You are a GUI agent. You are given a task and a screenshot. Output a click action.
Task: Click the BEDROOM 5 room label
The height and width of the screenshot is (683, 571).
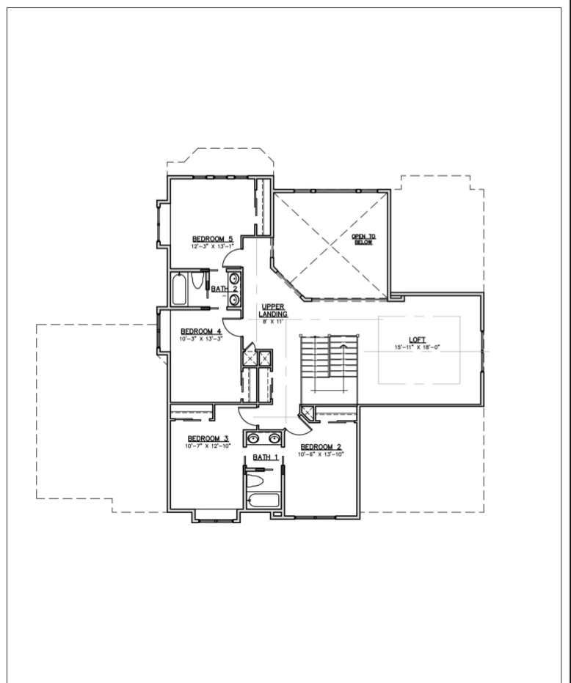(212, 239)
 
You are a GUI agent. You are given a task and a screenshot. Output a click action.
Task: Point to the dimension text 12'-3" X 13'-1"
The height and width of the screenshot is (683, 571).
(212, 246)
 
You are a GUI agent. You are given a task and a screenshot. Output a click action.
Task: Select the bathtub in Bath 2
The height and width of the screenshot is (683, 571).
(180, 289)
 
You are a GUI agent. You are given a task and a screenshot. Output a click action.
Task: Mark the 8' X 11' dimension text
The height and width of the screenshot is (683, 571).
(272, 322)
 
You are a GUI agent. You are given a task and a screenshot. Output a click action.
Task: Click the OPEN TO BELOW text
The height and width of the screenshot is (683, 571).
(363, 239)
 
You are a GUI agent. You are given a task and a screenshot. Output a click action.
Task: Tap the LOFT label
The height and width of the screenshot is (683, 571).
(418, 339)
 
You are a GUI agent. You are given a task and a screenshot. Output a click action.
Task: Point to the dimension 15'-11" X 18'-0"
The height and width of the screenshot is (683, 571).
(418, 347)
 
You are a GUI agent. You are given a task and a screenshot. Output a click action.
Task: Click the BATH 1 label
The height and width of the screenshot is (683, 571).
(266, 457)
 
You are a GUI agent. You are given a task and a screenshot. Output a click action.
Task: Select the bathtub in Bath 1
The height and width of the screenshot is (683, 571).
(264, 502)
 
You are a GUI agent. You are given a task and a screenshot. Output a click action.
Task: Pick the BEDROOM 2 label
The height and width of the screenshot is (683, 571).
(321, 447)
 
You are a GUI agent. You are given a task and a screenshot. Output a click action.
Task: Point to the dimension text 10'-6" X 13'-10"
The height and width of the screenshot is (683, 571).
(321, 454)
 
